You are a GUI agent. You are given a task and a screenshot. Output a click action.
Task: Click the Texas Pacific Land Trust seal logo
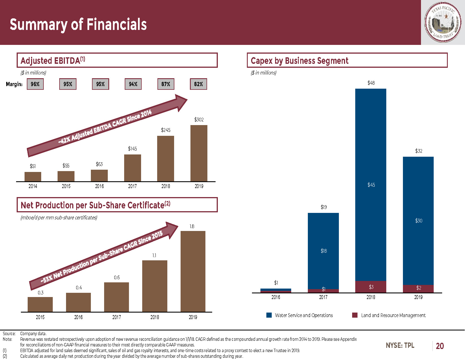[x=443, y=23]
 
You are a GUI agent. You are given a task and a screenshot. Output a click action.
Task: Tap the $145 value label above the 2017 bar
[x=132, y=149]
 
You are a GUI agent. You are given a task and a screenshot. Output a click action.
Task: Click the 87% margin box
[x=166, y=84]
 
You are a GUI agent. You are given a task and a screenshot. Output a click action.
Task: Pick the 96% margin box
[x=35, y=84]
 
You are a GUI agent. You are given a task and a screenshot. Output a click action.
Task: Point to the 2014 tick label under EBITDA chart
[x=33, y=186]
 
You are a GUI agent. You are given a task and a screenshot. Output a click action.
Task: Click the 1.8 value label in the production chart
[x=192, y=226]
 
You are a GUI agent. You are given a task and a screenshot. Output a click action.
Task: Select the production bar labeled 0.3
[x=40, y=304]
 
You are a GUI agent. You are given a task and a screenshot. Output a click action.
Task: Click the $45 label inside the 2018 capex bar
[x=371, y=185]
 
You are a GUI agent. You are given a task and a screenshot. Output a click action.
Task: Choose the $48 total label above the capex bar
[x=371, y=83]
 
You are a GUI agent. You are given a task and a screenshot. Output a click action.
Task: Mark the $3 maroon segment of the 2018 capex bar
[x=371, y=287]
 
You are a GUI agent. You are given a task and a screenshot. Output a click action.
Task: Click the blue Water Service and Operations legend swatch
[x=269, y=315]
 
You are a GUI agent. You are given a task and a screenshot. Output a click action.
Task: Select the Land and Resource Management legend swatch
[x=355, y=315]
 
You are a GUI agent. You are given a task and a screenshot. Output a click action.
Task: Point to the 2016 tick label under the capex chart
[x=276, y=297]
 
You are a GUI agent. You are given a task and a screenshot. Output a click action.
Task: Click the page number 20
[x=440, y=346]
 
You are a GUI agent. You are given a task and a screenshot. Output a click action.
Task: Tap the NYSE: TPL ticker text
[x=400, y=345]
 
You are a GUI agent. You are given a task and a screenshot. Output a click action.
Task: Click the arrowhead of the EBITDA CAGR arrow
[x=181, y=102]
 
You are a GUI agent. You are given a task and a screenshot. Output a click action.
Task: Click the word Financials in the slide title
[x=117, y=25]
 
